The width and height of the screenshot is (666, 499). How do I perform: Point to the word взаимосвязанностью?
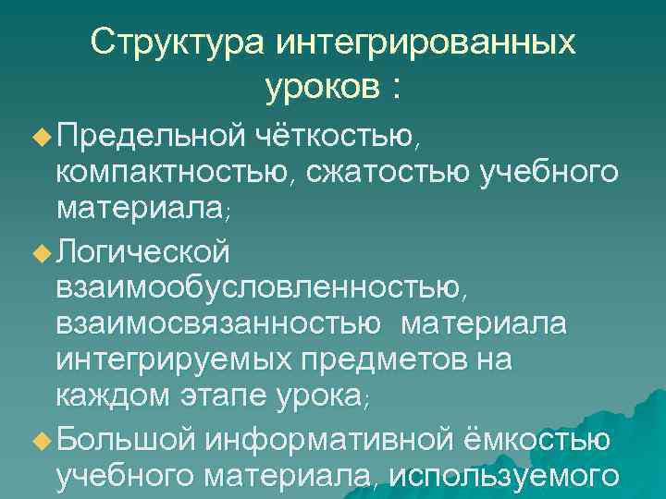218,324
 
